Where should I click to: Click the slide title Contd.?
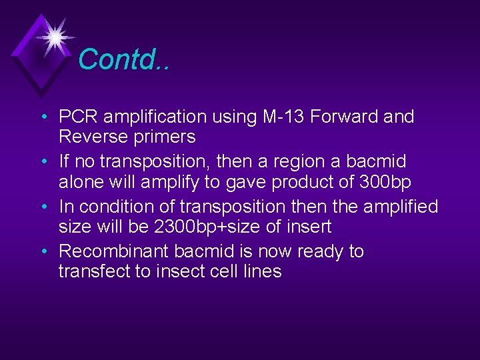click(x=124, y=59)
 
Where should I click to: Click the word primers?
click(x=165, y=138)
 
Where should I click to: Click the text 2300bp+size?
click(x=208, y=227)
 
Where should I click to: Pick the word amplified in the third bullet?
click(x=399, y=207)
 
